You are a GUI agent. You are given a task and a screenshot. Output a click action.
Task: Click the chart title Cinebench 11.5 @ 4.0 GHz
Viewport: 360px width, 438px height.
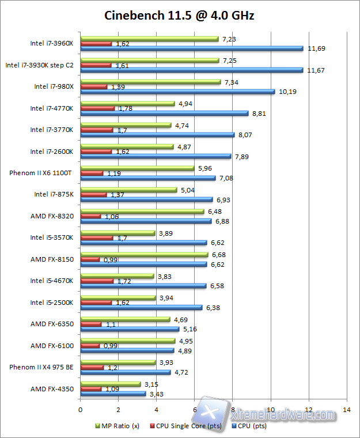pyautogui.click(x=179, y=16)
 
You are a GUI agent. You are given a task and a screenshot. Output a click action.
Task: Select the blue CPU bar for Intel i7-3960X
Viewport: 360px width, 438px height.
pyautogui.click(x=192, y=48)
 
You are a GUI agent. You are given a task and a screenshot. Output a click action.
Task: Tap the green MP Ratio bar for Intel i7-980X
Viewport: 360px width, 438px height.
pyautogui.click(x=150, y=82)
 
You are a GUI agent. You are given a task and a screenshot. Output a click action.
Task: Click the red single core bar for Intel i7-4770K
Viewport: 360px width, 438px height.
pyautogui.click(x=97, y=108)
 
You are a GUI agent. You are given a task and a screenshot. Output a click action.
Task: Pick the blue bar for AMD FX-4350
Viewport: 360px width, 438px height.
pyautogui.click(x=113, y=394)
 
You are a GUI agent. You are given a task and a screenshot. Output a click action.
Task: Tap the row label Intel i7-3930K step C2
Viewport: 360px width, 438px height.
pyautogui.click(x=39, y=65)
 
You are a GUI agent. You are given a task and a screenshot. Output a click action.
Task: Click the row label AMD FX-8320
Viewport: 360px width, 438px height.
pyautogui.click(x=52, y=216)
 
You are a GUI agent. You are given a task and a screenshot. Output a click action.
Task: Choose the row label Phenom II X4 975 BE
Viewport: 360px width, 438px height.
pyautogui.click(x=41, y=367)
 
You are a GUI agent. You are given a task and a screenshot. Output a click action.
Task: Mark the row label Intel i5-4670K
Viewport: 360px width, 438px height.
pyautogui.click(x=52, y=281)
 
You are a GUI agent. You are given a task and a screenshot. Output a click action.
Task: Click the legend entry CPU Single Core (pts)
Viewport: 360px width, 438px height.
pyautogui.click(x=184, y=426)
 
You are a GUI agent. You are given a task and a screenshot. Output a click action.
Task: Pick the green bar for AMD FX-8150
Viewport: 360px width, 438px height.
pyautogui.click(x=144, y=255)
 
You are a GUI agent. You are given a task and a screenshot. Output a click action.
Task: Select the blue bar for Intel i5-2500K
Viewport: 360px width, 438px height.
pyautogui.click(x=141, y=307)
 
